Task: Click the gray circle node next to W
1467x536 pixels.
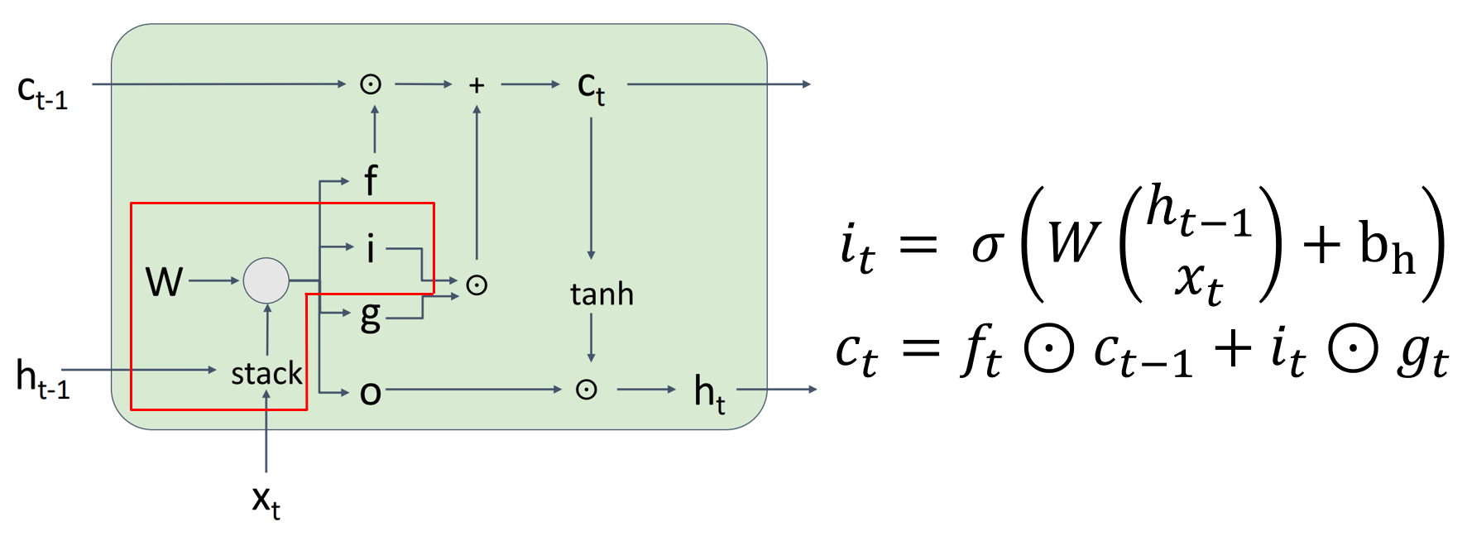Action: tap(266, 280)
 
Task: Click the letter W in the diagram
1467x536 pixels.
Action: tap(164, 282)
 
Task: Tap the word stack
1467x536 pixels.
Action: tap(266, 374)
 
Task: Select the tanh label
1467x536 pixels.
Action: tap(602, 294)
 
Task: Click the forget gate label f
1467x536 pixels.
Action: tap(371, 179)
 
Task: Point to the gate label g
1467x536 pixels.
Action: tap(370, 316)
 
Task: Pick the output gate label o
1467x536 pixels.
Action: tap(370, 393)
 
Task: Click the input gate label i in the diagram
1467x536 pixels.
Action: tap(370, 248)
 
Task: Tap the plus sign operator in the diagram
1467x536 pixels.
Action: tap(477, 85)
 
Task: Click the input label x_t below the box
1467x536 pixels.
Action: tap(266, 500)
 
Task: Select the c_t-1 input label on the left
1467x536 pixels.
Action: tap(42, 90)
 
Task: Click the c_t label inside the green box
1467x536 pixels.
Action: tap(591, 87)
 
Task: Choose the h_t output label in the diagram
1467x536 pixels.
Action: tap(709, 391)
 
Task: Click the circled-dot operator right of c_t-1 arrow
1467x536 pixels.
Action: tap(371, 84)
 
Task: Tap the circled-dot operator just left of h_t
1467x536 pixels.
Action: tap(587, 390)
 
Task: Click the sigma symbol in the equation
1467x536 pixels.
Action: tap(988, 246)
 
